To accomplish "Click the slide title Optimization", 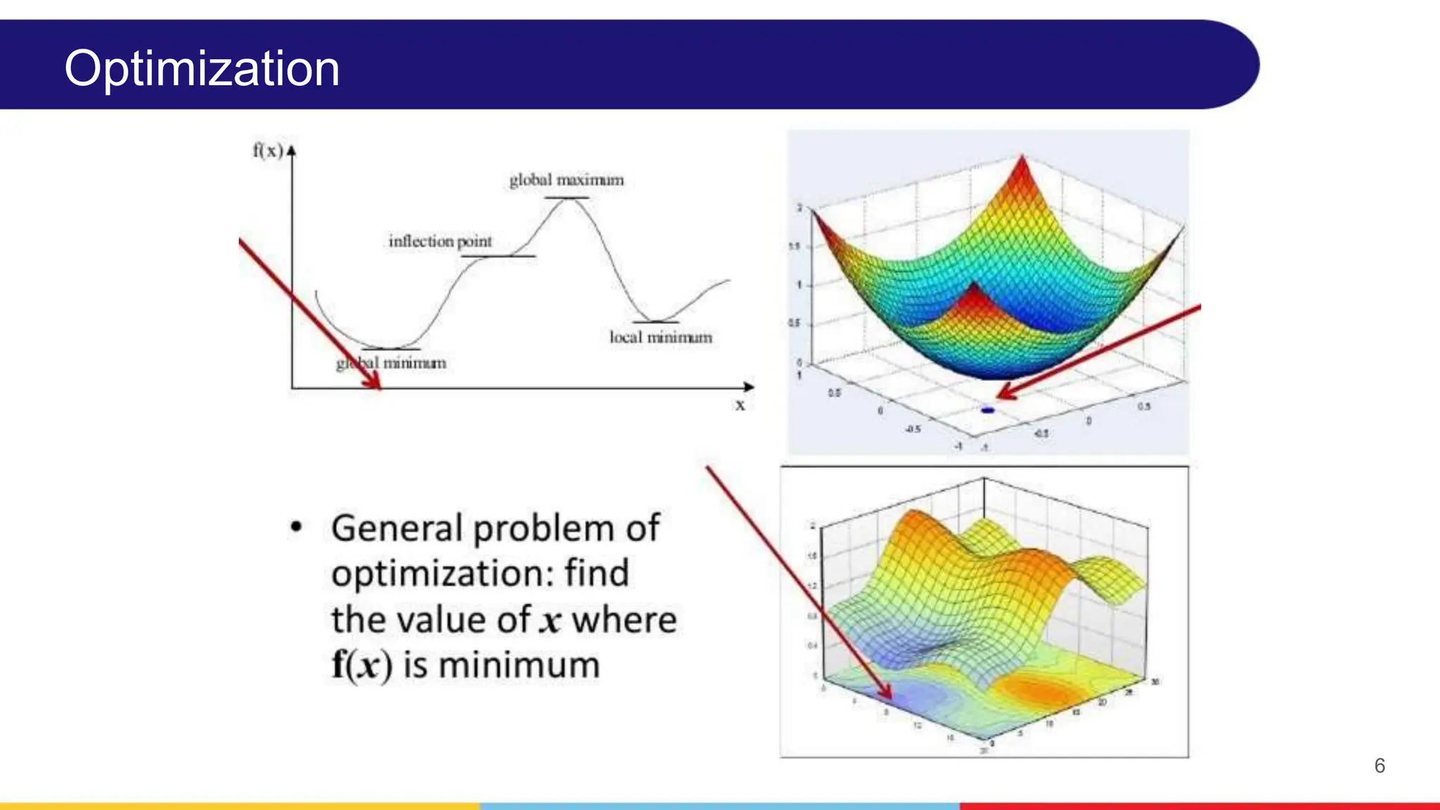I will click(x=202, y=69).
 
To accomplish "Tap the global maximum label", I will click(x=566, y=180).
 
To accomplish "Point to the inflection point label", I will click(x=440, y=241).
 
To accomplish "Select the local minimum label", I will click(x=660, y=337).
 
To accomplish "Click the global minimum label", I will click(x=391, y=364).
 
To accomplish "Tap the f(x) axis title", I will click(x=267, y=150).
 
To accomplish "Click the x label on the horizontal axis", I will click(x=740, y=405).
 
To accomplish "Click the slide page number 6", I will click(x=1380, y=766).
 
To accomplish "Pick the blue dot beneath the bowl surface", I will click(x=988, y=410).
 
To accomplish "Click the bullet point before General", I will click(x=296, y=527).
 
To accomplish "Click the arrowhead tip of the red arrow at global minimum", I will click(x=379, y=387).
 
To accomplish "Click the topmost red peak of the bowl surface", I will click(x=1022, y=157).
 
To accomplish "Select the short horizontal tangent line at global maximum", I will click(x=566, y=198).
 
